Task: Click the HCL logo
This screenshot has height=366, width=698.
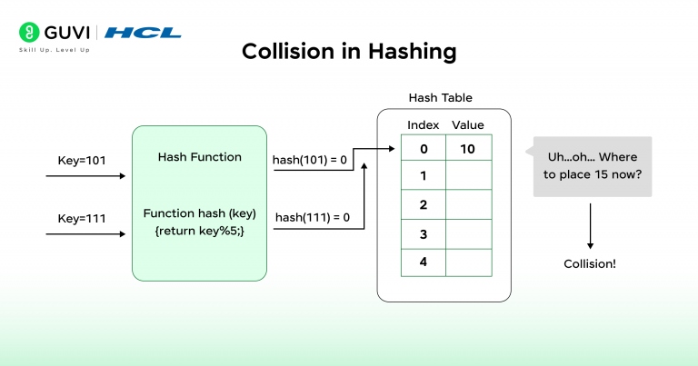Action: coord(143,33)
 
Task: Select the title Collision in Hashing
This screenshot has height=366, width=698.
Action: coord(349,52)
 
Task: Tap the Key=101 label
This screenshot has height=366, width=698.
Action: coord(82,161)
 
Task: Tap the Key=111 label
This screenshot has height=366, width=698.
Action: coord(82,218)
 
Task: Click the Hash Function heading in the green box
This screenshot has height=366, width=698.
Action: coord(200,157)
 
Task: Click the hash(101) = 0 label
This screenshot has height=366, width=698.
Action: coord(309,161)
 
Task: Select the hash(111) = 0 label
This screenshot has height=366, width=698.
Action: coord(311,218)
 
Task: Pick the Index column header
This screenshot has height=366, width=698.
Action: coord(423,124)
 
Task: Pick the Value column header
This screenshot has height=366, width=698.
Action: coord(468,124)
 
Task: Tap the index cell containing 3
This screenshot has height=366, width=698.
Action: coord(423,233)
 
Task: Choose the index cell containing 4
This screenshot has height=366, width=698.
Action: coord(423,262)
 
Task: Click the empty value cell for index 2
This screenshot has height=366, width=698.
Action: coord(468,205)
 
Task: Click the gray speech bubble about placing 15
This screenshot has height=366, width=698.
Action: coord(592,166)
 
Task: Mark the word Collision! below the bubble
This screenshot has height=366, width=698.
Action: coord(590,263)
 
